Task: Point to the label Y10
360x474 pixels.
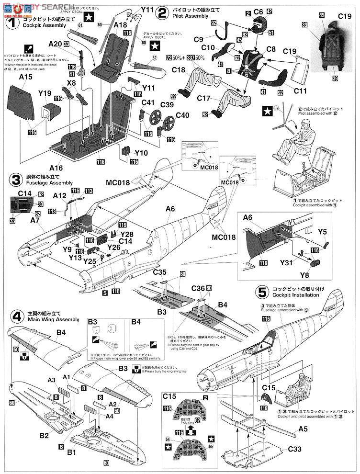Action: click(x=141, y=153)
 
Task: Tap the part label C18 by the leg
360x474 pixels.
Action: click(x=179, y=69)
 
